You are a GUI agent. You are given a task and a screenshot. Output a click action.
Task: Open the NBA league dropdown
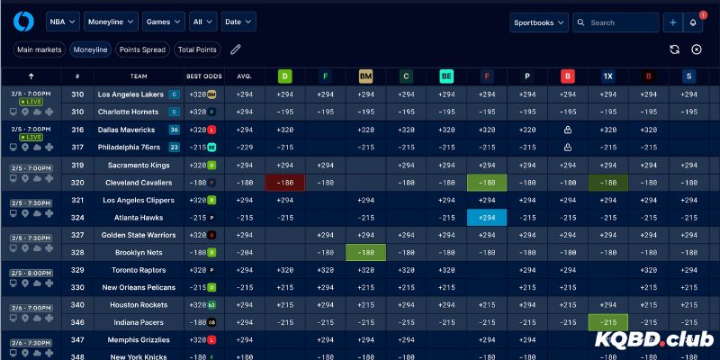(x=62, y=22)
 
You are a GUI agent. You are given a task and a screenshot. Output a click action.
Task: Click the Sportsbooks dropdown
(x=539, y=22)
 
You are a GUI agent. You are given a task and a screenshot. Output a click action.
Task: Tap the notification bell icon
(x=693, y=22)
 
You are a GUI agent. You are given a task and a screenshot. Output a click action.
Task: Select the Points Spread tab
(x=142, y=49)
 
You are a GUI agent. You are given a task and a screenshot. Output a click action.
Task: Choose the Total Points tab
(x=197, y=49)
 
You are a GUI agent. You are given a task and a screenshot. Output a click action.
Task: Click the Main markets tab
(x=38, y=49)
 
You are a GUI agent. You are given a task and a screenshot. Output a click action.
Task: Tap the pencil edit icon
(x=236, y=49)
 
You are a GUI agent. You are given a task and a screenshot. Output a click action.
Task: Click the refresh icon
(x=674, y=49)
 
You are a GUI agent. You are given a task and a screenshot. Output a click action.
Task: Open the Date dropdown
(x=238, y=22)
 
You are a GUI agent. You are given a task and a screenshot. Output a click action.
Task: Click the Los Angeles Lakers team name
(x=130, y=94)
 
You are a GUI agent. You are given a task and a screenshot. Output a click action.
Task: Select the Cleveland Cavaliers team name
(x=132, y=183)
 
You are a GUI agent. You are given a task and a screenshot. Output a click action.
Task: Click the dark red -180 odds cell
(x=285, y=183)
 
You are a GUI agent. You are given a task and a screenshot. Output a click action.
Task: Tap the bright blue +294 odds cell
(x=487, y=218)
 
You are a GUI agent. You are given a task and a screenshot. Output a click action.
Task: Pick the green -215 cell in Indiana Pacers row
(x=608, y=322)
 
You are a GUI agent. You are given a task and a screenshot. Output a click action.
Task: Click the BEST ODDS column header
(x=203, y=76)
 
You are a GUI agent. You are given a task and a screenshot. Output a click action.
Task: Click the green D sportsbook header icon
(x=284, y=76)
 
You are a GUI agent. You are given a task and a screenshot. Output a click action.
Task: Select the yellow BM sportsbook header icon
(x=365, y=76)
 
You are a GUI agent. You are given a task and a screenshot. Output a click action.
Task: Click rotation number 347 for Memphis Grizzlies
(x=78, y=340)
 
